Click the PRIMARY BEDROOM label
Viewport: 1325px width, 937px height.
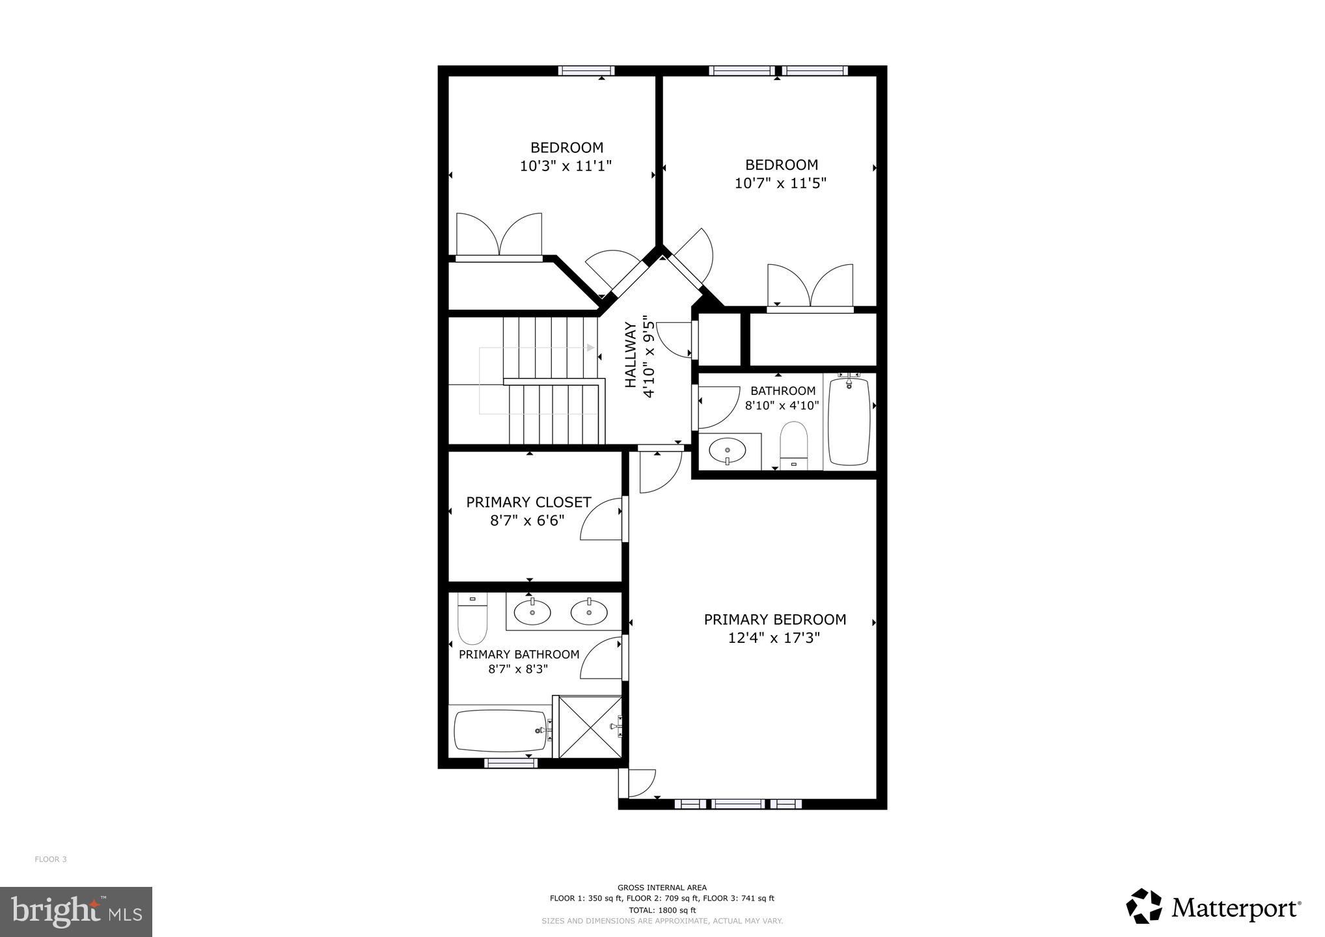[774, 619]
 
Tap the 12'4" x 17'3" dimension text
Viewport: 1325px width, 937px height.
[773, 638]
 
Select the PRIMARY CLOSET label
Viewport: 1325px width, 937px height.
[528, 502]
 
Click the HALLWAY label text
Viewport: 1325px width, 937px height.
[631, 364]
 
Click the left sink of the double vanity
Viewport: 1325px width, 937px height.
[532, 612]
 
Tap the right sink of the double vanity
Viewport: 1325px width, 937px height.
[589, 612]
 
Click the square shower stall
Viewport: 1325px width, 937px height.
[590, 727]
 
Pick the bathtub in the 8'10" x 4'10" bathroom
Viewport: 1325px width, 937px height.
[849, 421]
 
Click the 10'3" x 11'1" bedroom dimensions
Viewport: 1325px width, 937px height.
[566, 166]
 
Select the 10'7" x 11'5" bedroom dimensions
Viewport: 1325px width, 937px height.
[780, 183]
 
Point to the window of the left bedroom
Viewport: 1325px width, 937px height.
[586, 70]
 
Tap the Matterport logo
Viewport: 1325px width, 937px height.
[1213, 907]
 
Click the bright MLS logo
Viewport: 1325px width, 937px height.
[75, 912]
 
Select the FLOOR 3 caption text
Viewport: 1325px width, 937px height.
[51, 860]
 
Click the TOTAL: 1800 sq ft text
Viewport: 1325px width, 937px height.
[662, 910]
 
